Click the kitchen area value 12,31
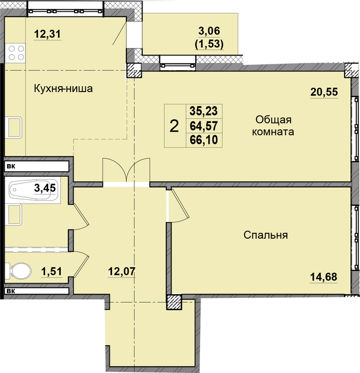[x=47, y=34]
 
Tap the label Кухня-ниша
[x=63, y=88]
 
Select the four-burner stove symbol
[x=15, y=53]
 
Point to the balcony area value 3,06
[x=209, y=31]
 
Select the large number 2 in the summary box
[x=174, y=126]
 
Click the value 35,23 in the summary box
[x=204, y=111]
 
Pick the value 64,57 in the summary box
[x=204, y=126]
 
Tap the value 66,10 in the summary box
[x=204, y=140]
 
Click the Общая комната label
[x=273, y=126]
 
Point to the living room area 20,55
[x=324, y=92]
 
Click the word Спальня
[x=266, y=235]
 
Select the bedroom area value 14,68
[x=324, y=277]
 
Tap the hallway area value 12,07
[x=122, y=271]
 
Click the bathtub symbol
[x=33, y=190]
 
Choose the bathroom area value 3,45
[x=45, y=188]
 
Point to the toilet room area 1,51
[x=51, y=271]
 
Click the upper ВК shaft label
[x=11, y=166]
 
